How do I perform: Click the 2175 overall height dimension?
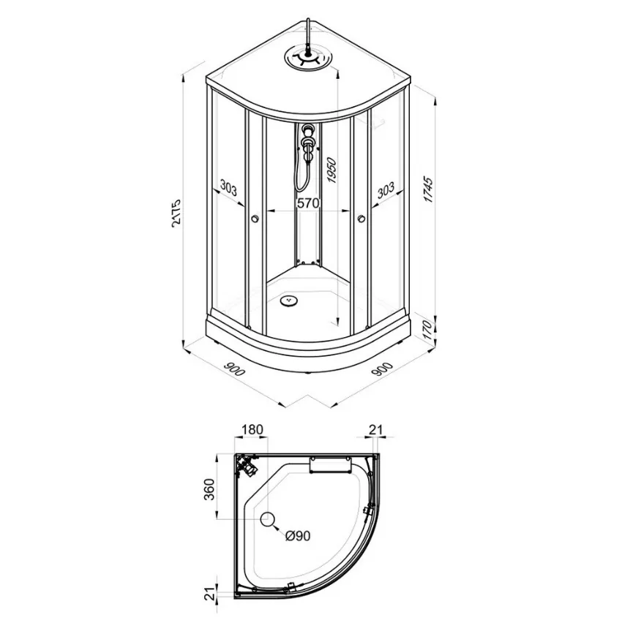(177, 213)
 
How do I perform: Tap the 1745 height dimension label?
(428, 189)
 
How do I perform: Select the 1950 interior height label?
(332, 170)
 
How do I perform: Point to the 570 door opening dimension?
(308, 203)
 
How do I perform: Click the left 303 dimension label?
(228, 188)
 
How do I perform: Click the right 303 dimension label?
(386, 190)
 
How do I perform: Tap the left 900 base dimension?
(233, 369)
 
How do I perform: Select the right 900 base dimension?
(382, 369)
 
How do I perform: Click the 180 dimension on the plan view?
(252, 429)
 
